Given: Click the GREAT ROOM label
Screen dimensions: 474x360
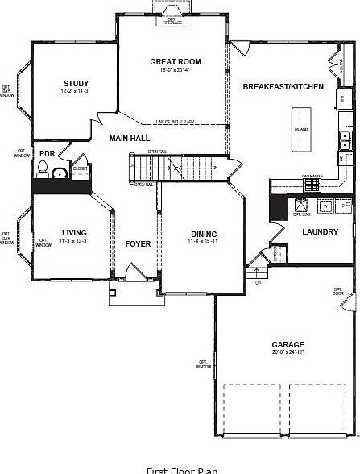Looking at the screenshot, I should pyautogui.click(x=176, y=61).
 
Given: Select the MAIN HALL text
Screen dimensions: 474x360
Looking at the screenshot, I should pyautogui.click(x=130, y=139).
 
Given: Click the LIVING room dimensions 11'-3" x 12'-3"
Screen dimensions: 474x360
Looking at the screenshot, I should pyautogui.click(x=74, y=241).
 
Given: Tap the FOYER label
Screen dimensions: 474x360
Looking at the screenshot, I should pyautogui.click(x=138, y=243).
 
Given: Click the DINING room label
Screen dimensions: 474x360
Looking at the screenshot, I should pyautogui.click(x=203, y=234).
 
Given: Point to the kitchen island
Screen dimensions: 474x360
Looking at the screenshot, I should pyautogui.click(x=302, y=128).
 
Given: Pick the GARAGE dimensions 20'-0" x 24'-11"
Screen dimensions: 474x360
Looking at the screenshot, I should pyautogui.click(x=288, y=351).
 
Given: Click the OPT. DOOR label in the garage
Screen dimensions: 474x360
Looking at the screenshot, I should pyautogui.click(x=338, y=291).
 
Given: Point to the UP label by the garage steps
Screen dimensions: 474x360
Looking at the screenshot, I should pyautogui.click(x=258, y=283).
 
